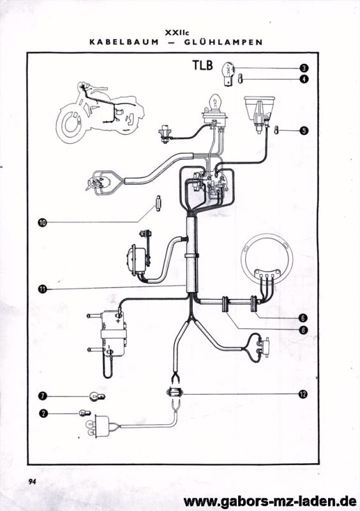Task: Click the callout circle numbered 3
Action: [304, 68]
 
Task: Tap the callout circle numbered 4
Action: [304, 79]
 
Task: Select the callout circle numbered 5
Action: [304, 131]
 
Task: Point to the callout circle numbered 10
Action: [42, 222]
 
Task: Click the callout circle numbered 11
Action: [42, 289]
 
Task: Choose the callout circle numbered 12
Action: [303, 394]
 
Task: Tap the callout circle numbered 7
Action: [42, 396]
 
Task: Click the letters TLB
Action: [202, 65]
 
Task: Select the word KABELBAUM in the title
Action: [124, 42]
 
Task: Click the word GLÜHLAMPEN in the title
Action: [223, 42]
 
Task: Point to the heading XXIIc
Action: [177, 33]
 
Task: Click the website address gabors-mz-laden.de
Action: [270, 501]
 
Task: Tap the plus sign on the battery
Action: [118, 321]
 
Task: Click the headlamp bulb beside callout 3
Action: [229, 74]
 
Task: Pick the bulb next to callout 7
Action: [97, 397]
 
